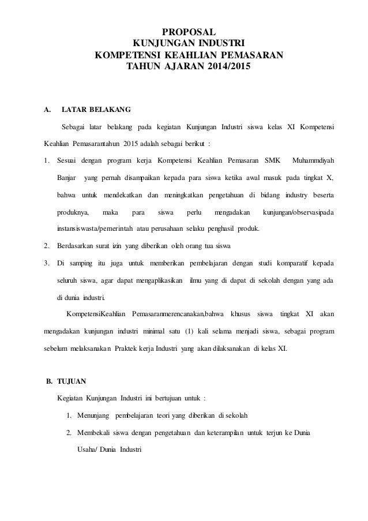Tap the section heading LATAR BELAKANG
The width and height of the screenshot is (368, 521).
pos(96,108)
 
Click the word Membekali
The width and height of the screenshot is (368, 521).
pos(94,433)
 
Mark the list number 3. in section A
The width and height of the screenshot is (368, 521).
pos(47,264)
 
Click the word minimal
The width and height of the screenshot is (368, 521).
pos(157,332)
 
